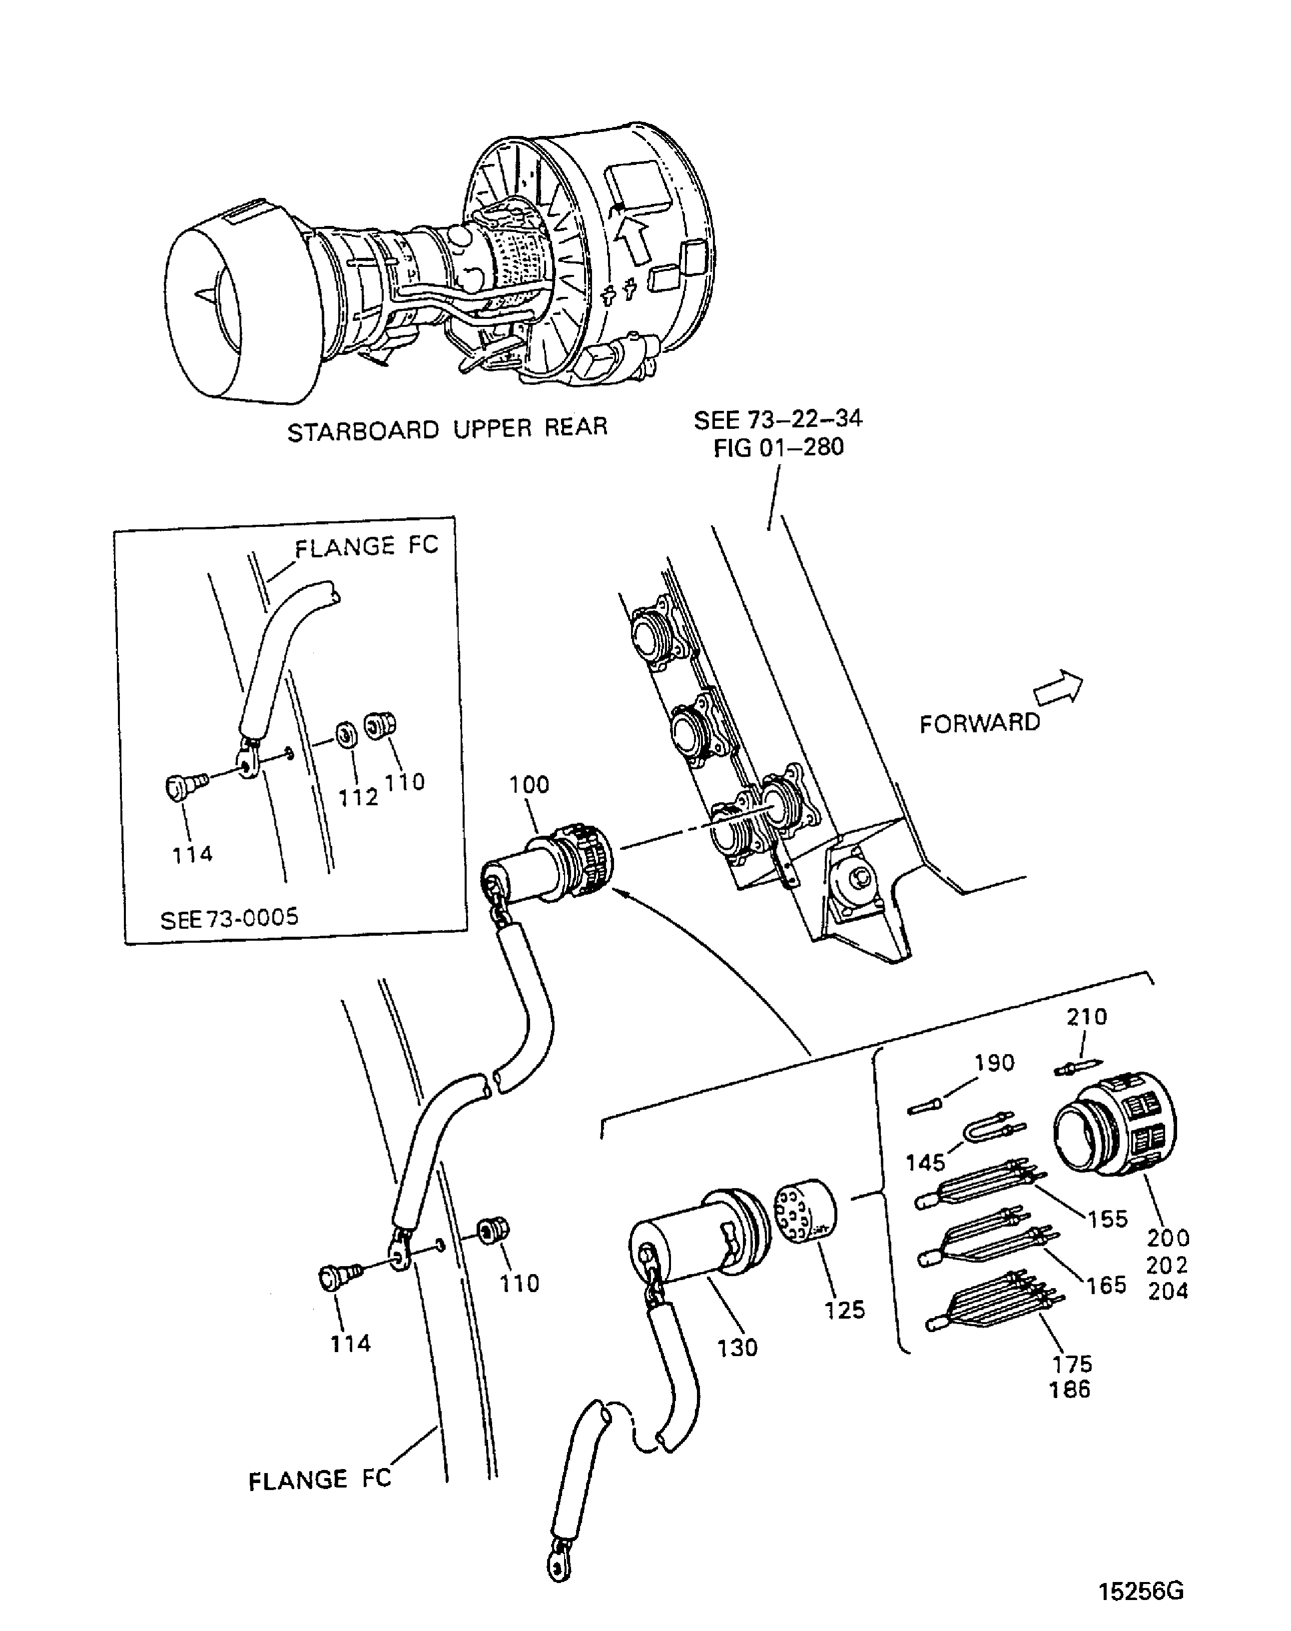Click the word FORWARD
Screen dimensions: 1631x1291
[x=979, y=724]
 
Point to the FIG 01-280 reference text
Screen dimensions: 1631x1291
[x=778, y=448]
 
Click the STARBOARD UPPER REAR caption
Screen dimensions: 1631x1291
[x=448, y=429]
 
